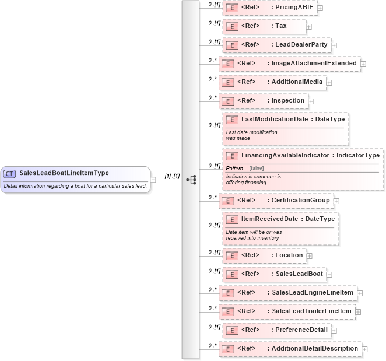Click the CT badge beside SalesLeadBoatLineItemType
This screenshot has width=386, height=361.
pos(9,173)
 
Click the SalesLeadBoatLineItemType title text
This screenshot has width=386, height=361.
pos(64,173)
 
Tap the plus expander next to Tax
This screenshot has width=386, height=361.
pos(308,26)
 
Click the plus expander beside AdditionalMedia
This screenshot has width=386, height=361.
pos(329,82)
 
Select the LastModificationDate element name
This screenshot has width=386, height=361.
pos(275,119)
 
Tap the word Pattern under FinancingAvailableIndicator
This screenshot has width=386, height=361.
pos(234,168)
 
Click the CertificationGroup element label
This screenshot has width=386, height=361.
pos(301,200)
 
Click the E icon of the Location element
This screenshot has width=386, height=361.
pos(231,255)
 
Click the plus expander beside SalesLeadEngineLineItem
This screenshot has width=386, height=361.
pos(360,293)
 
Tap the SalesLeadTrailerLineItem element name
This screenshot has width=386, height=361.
pos(312,311)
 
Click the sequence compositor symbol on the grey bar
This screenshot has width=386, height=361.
pos(191,179)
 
